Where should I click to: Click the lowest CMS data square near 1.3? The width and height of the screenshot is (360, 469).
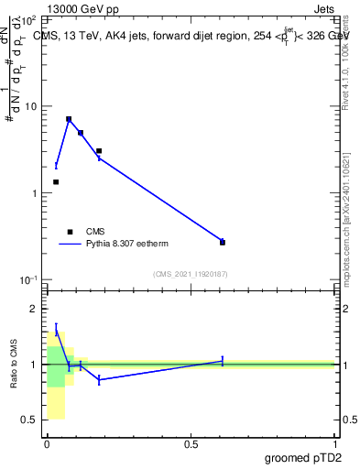56,182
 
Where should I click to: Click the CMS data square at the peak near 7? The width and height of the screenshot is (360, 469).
69,119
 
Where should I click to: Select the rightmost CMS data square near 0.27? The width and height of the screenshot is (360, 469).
223,243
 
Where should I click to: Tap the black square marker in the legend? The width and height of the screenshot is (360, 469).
70,232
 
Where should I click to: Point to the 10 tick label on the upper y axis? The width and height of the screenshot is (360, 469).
30,107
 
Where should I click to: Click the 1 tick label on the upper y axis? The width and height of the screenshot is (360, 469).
33,193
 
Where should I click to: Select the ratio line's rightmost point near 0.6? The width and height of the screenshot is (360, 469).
223,361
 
